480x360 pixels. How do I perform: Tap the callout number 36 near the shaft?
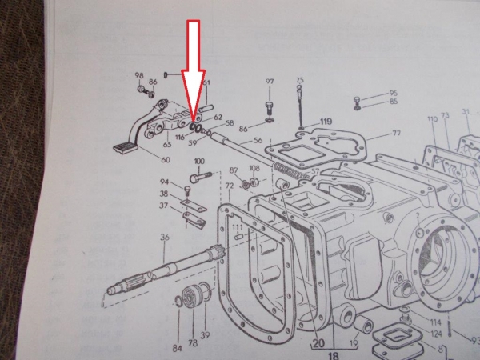[x=163, y=237]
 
